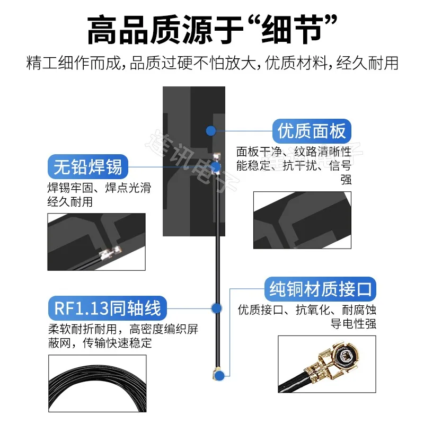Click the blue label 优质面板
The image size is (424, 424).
click(x=312, y=130)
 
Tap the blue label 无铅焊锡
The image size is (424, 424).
click(x=88, y=167)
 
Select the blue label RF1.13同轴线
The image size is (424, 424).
click(x=108, y=308)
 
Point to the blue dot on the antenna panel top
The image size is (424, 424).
click(x=211, y=130)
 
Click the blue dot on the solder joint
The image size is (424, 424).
click(x=216, y=167)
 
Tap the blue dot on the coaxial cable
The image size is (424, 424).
click(x=216, y=308)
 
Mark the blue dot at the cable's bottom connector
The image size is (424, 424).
click(x=218, y=374)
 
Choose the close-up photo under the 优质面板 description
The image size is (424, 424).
click(x=302, y=220)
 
